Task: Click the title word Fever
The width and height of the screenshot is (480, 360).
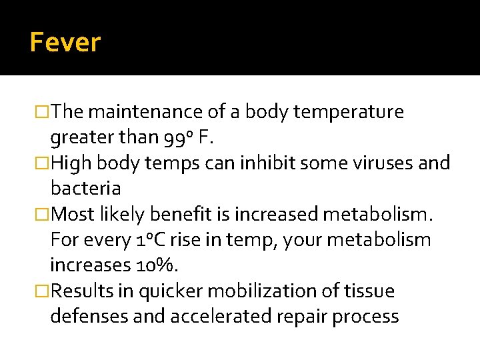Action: pos(65,43)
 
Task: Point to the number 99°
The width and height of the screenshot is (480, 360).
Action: pos(177,137)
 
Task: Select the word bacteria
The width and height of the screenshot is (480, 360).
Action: pos(85,189)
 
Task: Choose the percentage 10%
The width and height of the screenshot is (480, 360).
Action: pos(161,265)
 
